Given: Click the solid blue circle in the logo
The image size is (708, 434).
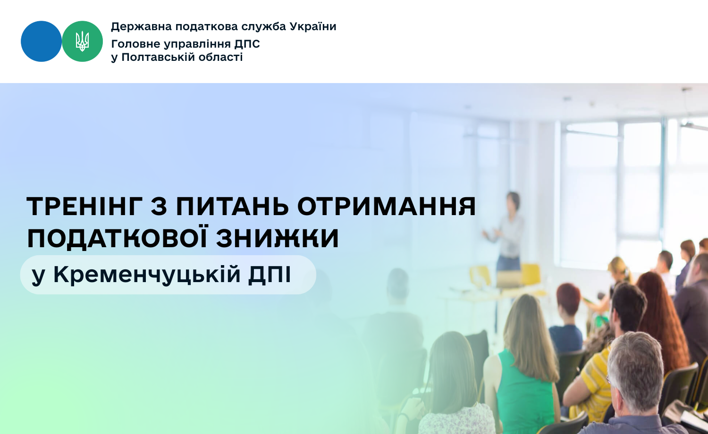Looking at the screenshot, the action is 41,42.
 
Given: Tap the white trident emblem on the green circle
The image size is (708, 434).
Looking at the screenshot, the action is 82,42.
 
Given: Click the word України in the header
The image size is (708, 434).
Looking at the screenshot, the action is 313,26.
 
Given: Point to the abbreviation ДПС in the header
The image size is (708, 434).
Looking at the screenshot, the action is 247,44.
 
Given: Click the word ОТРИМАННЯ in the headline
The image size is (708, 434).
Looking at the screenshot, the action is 387,206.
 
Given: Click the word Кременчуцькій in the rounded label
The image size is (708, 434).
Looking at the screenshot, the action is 147,275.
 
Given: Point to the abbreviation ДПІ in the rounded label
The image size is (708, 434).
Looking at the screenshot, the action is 270,275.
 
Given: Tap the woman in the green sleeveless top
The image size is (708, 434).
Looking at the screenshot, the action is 522,367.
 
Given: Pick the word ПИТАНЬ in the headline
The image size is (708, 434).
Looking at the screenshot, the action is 232,206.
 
